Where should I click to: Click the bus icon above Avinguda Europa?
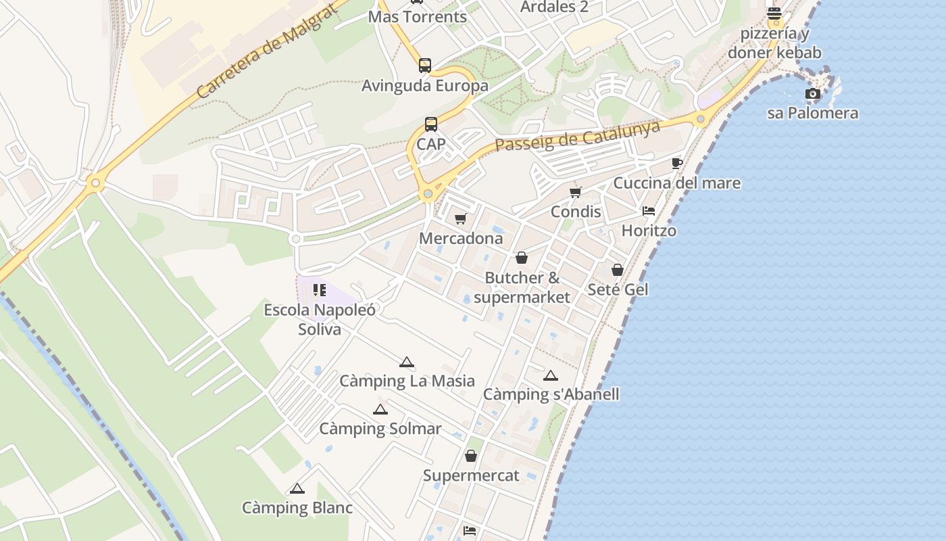(425, 66)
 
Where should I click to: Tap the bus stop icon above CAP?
(431, 124)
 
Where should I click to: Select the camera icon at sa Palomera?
(813, 93)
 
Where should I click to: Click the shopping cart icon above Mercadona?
(461, 219)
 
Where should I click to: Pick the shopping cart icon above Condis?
(576, 193)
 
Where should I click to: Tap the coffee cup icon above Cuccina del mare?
(677, 164)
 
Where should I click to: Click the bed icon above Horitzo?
(649, 211)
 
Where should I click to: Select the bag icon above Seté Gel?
(618, 270)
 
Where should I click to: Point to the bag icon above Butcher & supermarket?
(522, 258)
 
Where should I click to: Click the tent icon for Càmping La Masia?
(406, 362)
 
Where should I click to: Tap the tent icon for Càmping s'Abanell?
(551, 375)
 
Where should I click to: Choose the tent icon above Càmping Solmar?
(380, 409)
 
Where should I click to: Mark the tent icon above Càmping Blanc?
(297, 488)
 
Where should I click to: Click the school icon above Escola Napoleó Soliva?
(320, 291)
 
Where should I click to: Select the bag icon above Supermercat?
(471, 456)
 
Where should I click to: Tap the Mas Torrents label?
(417, 17)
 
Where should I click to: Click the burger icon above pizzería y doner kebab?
(774, 14)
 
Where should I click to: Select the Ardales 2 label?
(554, 7)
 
